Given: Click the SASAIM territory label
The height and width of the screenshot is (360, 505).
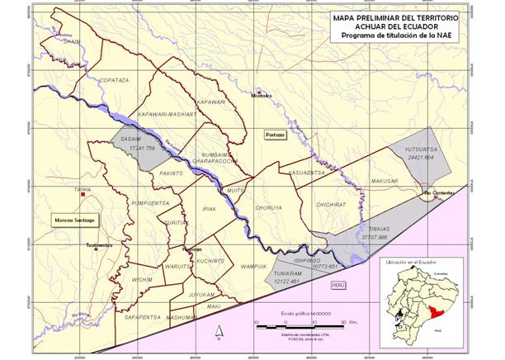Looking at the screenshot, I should (130, 140).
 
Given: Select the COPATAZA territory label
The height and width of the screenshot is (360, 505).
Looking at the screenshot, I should (113, 80).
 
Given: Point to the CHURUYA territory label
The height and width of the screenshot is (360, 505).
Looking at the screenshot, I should (269, 207).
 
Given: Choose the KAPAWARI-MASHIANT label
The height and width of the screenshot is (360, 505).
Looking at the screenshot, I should (165, 113).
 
